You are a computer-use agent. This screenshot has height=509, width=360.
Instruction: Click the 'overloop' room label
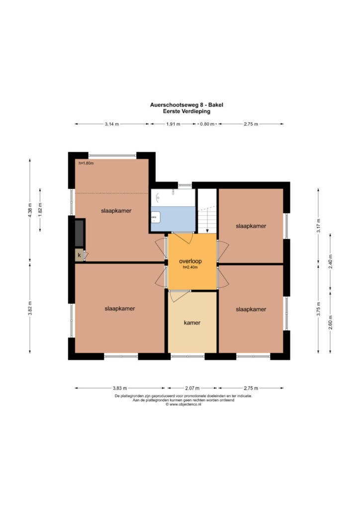190,261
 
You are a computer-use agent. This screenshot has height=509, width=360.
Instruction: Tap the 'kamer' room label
192,323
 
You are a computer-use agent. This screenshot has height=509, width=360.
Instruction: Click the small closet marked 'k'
79,255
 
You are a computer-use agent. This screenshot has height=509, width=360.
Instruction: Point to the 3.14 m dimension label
112,124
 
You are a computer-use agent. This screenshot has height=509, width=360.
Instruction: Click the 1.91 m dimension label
173,124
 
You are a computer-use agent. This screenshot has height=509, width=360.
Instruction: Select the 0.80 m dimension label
207,124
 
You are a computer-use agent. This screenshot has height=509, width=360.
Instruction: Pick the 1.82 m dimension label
40,209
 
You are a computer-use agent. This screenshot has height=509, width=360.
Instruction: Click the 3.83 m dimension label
120,388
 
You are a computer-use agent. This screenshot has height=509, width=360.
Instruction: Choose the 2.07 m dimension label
192,388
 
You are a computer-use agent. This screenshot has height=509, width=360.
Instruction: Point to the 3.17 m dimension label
318,226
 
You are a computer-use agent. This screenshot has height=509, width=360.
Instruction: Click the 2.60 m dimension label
331,322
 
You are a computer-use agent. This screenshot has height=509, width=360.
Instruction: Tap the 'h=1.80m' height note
86,163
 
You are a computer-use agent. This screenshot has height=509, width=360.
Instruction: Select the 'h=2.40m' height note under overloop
190,267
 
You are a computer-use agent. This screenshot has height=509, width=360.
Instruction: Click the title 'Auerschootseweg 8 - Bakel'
186,105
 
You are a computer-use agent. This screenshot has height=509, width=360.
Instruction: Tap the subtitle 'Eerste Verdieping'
186,111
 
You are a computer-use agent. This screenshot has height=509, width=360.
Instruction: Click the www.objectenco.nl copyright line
183,405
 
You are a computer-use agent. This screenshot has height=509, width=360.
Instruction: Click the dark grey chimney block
80,233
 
